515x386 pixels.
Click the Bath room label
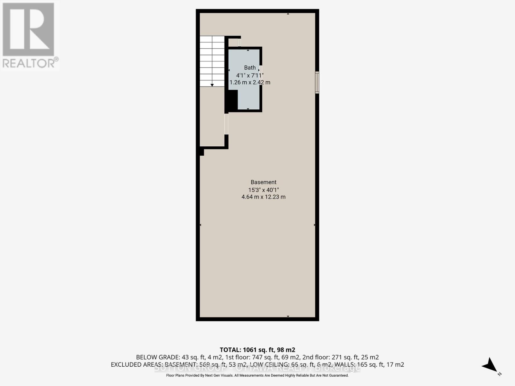(x=250, y=68)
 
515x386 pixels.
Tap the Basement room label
(x=263, y=182)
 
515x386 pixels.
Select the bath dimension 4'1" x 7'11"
(x=250, y=75)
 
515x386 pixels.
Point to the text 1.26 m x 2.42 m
(x=250, y=82)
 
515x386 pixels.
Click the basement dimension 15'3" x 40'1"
(x=263, y=190)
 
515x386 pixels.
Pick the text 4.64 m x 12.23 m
(x=263, y=197)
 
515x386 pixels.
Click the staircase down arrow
(x=212, y=85)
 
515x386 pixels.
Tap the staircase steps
(x=212, y=61)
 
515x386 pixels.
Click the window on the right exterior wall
(x=317, y=82)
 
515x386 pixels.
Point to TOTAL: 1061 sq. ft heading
(x=257, y=350)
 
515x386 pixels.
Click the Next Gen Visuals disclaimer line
(x=257, y=375)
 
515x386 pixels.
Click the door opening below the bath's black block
(x=226, y=124)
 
